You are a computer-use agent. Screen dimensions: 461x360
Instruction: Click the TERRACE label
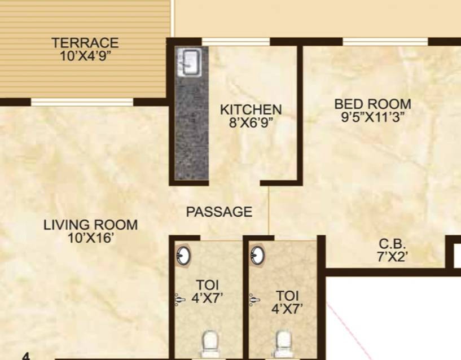tap(85, 43)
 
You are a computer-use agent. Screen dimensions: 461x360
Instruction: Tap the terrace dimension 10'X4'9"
tap(85, 56)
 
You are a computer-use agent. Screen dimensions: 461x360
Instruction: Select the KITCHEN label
tap(251, 109)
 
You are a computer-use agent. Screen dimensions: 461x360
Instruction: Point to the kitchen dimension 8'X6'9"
tap(251, 122)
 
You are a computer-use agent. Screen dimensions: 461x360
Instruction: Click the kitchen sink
tap(190, 62)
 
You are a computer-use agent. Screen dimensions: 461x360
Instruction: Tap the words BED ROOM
tap(373, 104)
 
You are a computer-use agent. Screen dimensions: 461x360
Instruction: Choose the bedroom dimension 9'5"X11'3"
tap(373, 117)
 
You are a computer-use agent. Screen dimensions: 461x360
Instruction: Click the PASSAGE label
tap(219, 212)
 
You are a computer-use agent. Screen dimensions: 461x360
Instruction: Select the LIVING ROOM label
tap(90, 225)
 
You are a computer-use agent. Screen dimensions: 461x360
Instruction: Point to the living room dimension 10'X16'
tap(90, 238)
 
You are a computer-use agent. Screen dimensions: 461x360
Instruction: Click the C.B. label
tap(392, 244)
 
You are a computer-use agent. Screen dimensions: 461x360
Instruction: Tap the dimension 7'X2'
tap(392, 257)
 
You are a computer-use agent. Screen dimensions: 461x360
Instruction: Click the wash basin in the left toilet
tap(183, 256)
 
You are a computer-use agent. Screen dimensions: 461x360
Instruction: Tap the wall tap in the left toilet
tap(179, 300)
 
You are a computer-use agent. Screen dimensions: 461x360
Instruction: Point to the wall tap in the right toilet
tap(254, 300)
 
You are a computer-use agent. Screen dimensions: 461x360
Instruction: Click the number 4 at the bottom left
tap(26, 357)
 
